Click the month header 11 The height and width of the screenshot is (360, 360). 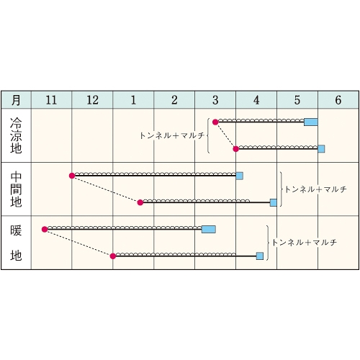51,100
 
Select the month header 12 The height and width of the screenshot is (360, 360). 92,100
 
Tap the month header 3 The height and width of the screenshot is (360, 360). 215,100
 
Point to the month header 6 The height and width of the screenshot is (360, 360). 338,100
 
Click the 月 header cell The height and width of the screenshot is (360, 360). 16,100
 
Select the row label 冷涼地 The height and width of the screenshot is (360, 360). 16,135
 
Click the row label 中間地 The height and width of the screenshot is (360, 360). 16,189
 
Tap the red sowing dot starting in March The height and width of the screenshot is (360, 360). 215,122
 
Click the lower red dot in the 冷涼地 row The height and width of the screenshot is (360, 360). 236,149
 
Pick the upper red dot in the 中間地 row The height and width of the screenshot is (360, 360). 72,176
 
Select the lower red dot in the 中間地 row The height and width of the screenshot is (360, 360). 140,202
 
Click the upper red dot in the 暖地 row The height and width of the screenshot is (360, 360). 45,230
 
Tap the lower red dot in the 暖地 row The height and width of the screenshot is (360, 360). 113,256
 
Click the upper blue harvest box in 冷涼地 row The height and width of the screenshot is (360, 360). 311,122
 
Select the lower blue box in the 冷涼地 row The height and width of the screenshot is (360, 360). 321,149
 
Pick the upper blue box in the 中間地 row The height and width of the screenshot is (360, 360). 240,176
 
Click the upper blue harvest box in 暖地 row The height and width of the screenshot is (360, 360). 209,229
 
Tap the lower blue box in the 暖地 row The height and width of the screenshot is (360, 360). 260,256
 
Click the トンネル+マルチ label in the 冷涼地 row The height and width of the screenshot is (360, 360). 172,135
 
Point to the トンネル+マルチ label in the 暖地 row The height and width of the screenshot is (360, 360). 305,243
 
